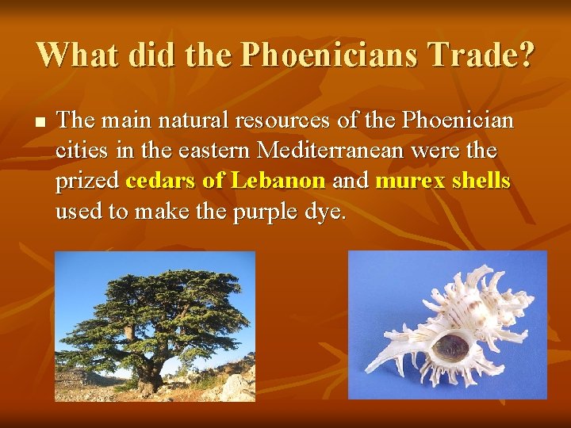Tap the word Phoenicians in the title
point(323,55)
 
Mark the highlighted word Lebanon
point(278,181)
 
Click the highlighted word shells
point(480,181)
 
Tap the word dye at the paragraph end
point(329,212)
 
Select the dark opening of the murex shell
point(453,347)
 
